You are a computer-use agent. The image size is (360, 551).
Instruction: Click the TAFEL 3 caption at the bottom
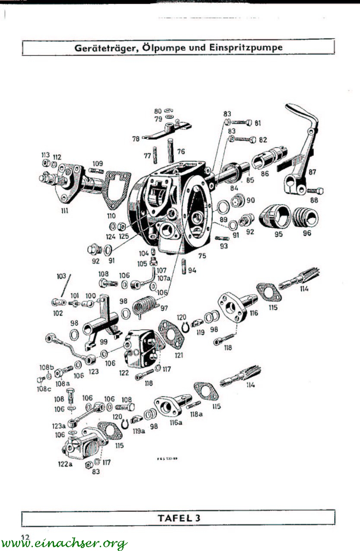pyautogui.click(x=179, y=517)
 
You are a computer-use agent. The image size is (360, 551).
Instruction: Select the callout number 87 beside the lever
pyautogui.click(x=312, y=172)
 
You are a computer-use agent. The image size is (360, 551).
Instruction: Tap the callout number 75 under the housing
pyautogui.click(x=202, y=256)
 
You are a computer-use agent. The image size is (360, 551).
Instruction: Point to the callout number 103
pyautogui.click(x=61, y=275)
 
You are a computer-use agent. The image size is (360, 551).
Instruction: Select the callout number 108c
pyautogui.click(x=41, y=388)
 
